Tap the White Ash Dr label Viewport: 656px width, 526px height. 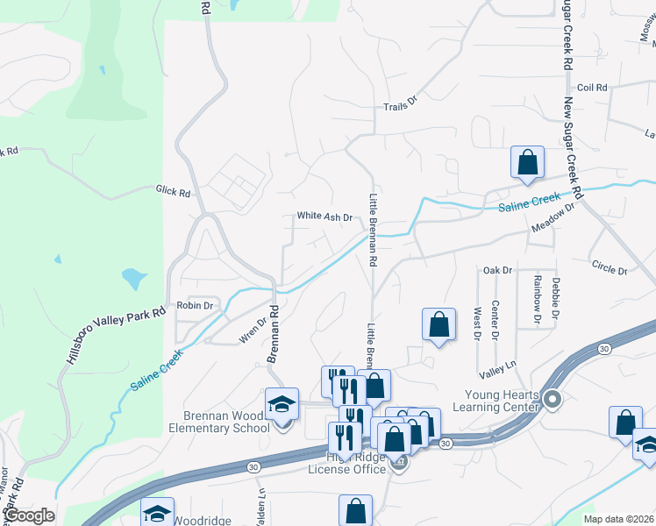324,217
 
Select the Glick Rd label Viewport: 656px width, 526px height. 173,189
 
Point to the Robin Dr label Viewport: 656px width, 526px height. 196,306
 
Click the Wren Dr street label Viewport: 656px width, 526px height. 252,332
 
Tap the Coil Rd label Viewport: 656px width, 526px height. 593,88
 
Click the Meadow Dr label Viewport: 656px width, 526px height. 552,219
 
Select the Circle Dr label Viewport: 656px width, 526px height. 610,267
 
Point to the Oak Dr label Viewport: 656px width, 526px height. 496,270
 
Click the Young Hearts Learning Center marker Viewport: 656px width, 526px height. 552,401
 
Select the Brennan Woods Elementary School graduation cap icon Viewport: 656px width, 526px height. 282,404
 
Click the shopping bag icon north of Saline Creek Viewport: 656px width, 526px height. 527,162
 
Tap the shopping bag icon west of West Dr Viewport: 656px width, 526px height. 439,324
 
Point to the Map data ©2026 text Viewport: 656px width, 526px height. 618,519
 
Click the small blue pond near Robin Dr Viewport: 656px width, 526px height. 133,279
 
